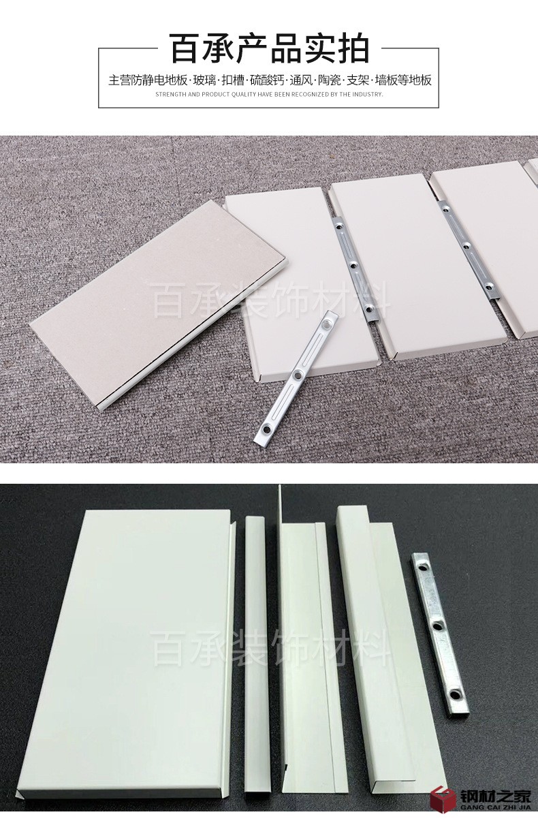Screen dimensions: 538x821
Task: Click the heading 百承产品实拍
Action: pyautogui.click(x=270, y=48)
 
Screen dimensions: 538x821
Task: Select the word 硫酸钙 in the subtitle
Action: pyautogui.click(x=265, y=80)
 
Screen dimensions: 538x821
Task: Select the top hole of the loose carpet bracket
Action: pyautogui.click(x=326, y=325)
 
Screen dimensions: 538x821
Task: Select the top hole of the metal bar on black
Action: pyautogui.click(x=423, y=568)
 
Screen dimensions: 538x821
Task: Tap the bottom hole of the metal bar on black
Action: pyautogui.click(x=455, y=694)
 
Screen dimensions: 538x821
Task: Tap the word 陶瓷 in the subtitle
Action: pyautogui.click(x=330, y=80)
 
